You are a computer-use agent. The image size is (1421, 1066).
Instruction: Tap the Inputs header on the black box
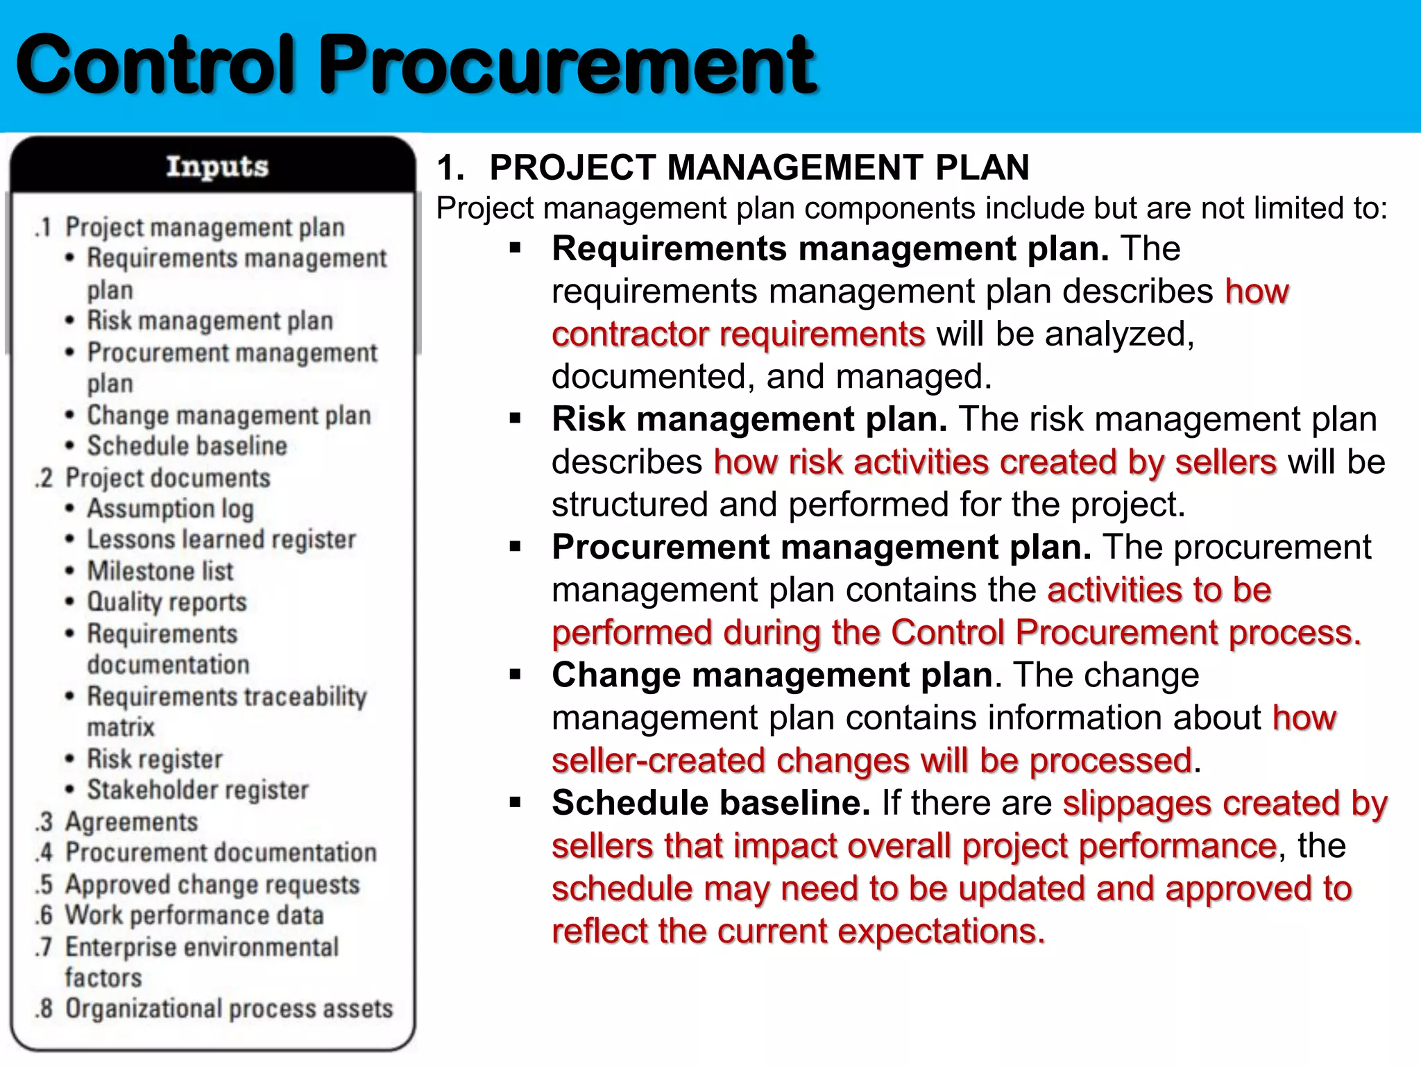tap(216, 167)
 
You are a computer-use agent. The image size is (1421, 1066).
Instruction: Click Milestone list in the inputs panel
tap(160, 571)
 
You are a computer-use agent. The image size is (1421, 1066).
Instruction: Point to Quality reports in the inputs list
tap(167, 602)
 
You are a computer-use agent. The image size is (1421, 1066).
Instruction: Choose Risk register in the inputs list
tap(154, 759)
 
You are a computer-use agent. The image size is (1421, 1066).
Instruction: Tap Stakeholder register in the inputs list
tap(198, 790)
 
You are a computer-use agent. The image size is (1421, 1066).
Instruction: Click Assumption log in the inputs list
tap(170, 509)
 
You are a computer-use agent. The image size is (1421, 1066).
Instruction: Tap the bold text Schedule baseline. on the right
tap(710, 804)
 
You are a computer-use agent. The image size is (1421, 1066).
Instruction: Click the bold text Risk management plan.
tap(749, 419)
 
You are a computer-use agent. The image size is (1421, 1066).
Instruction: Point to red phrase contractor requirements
tap(738, 335)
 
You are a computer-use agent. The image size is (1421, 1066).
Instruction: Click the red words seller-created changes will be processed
tap(872, 761)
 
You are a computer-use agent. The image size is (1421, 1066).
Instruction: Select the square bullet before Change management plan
tap(515, 675)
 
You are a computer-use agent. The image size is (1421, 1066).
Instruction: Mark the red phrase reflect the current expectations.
tap(798, 931)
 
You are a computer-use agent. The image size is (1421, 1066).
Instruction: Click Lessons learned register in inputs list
tap(221, 540)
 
